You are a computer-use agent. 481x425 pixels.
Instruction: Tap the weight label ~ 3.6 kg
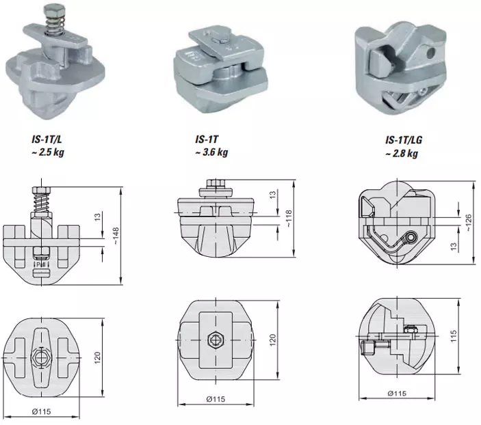click(x=211, y=152)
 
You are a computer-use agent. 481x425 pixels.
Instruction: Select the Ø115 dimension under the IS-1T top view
click(x=215, y=399)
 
